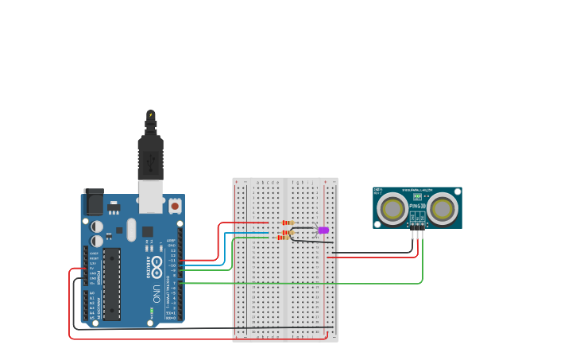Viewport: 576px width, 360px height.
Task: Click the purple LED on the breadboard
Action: [323, 230]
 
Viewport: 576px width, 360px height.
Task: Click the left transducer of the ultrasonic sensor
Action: [392, 208]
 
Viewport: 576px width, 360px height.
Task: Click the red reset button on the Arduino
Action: [175, 206]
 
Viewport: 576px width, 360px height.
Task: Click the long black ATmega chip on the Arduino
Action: [111, 283]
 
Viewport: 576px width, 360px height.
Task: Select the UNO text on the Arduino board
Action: [157, 292]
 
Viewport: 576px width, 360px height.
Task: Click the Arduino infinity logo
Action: [157, 263]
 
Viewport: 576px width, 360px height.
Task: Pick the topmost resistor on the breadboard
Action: [288, 223]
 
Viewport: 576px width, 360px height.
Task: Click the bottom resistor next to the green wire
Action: [284, 237]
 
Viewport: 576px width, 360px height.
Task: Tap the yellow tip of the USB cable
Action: [150, 114]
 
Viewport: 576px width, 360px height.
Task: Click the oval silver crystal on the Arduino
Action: [131, 230]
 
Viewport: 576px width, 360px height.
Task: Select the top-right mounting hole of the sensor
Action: [457, 192]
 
